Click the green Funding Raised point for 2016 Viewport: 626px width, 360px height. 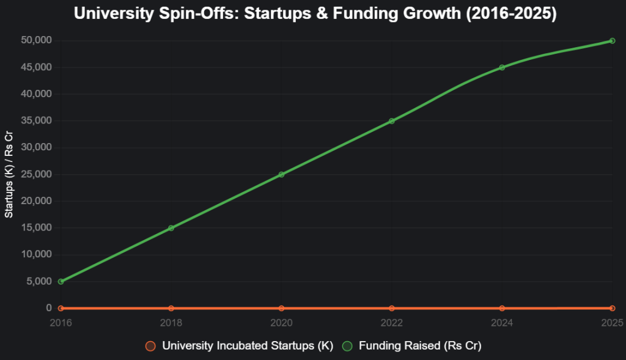pyautogui.click(x=61, y=282)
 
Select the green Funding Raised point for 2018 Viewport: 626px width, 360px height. pyautogui.click(x=171, y=228)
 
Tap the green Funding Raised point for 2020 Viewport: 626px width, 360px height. pyautogui.click(x=281, y=175)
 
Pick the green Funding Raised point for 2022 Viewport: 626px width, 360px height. pyautogui.click(x=392, y=121)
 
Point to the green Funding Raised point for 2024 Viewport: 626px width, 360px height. pyautogui.click(x=502, y=67)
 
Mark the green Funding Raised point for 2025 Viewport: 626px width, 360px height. pyautogui.click(x=612, y=41)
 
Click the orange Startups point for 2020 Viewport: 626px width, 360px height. pyautogui.click(x=281, y=308)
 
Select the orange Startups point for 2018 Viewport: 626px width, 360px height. pyautogui.click(x=171, y=308)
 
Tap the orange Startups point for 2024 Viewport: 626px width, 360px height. pyautogui.click(x=502, y=308)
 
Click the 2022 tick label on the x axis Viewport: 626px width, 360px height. pyautogui.click(x=392, y=321)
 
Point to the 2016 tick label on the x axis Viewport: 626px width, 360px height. pyautogui.click(x=61, y=321)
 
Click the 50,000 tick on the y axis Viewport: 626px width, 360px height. pyautogui.click(x=37, y=41)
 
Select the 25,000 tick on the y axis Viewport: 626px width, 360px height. pyautogui.click(x=37, y=175)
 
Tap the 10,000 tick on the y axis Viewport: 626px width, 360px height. pyautogui.click(x=37, y=255)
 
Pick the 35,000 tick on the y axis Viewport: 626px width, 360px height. pyautogui.click(x=37, y=121)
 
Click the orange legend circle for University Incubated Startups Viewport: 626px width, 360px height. pyautogui.click(x=150, y=346)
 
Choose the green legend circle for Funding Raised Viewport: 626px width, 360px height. pyautogui.click(x=347, y=346)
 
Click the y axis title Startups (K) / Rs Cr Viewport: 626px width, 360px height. pyautogui.click(x=9, y=175)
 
